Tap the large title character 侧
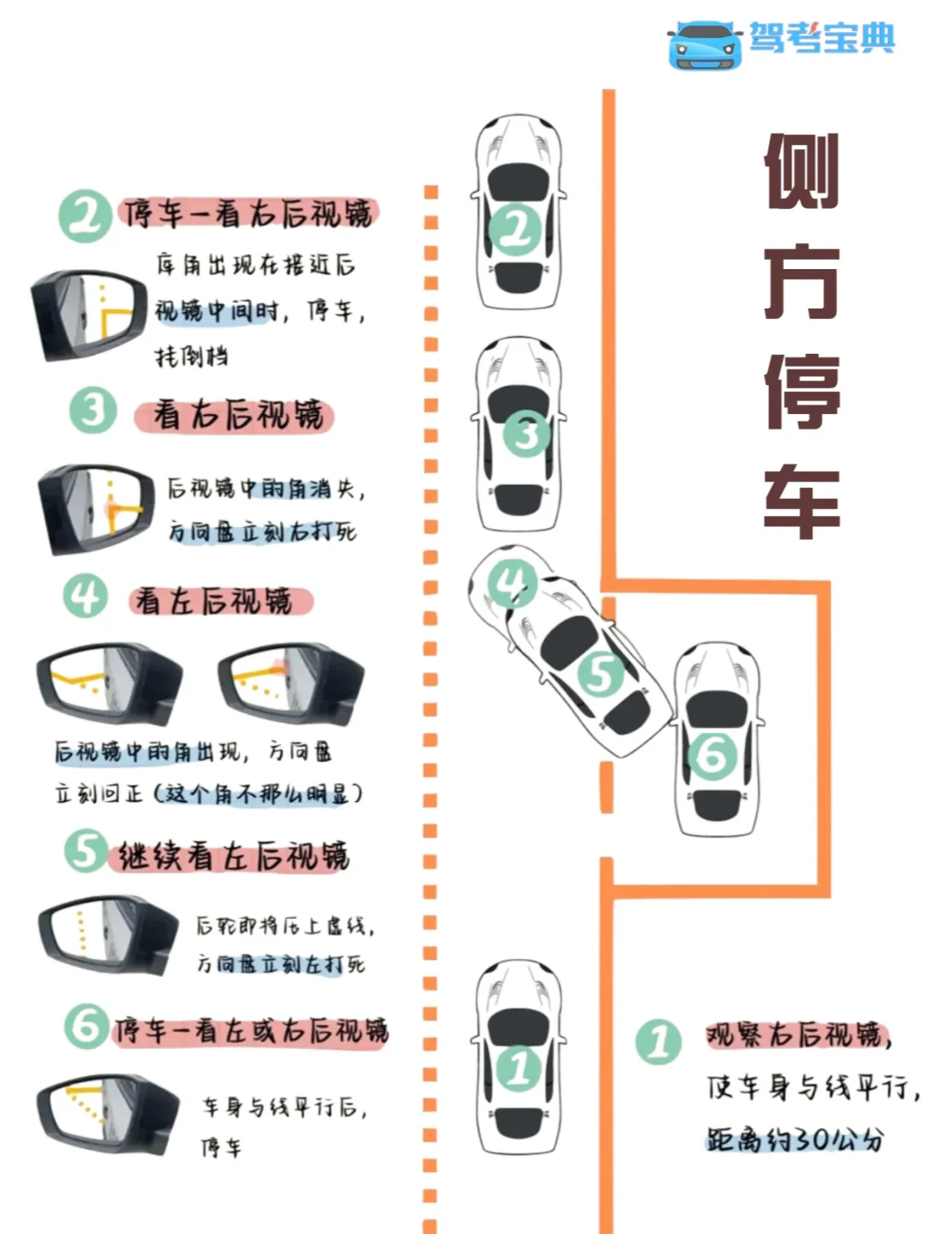[x=801, y=171]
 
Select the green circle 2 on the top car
[x=515, y=229]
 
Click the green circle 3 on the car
[x=526, y=434]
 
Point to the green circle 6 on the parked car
[x=712, y=756]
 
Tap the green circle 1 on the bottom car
[x=520, y=1068]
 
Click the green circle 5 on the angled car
[x=600, y=674]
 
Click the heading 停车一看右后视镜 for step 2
[x=249, y=213]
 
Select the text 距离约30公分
[x=794, y=1140]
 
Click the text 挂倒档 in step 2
[x=191, y=356]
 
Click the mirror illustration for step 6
[x=103, y=1110]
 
